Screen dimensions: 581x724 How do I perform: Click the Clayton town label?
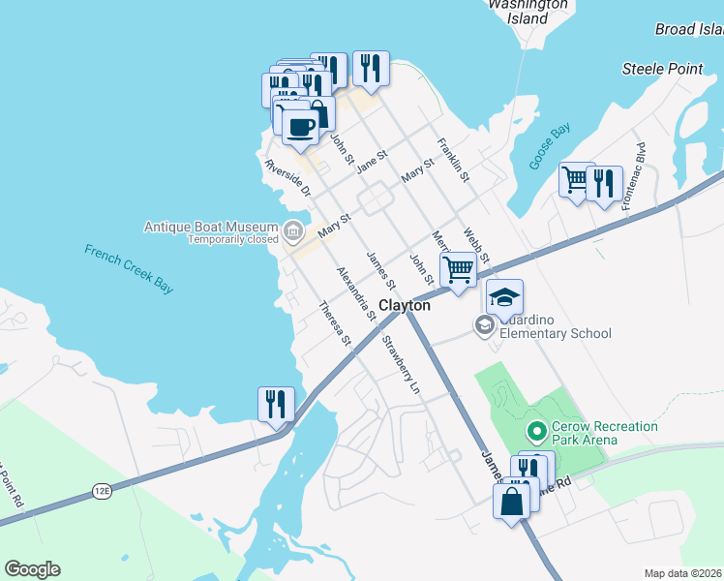pos(404,305)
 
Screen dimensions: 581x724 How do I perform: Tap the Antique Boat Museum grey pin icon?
pos(293,230)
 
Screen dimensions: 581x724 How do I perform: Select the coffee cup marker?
pos(300,126)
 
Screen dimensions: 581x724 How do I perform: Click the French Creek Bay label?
pos(129,268)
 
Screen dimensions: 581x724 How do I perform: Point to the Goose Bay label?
pos(549,147)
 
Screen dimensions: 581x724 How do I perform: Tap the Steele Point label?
pos(662,69)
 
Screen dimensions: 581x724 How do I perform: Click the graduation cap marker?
pos(504,296)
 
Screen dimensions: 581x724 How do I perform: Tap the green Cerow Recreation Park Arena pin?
pos(533,430)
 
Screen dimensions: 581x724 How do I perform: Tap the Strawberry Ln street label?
pos(402,364)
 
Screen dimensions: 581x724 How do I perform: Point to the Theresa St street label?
pos(334,322)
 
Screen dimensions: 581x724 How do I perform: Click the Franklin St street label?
pos(453,161)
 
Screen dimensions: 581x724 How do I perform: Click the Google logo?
pos(32,569)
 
